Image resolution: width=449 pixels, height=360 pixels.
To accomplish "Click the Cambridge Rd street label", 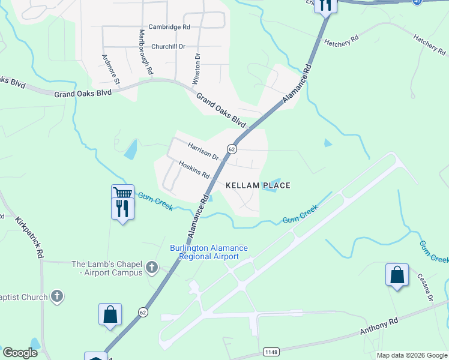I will pos(170,28).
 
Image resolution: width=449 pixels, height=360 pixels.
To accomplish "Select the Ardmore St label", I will pos(111,69).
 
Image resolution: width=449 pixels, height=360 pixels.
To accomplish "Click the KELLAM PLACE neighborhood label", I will pos(258,186).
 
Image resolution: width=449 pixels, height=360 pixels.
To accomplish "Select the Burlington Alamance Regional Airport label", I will pos(208,252).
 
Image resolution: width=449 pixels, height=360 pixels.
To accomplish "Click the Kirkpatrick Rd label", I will pos(30,237).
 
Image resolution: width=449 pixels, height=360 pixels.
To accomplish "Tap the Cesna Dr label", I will pos(429,289).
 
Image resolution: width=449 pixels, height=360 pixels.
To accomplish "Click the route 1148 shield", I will pos(272,350).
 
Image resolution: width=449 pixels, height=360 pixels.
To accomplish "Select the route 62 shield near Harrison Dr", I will pos(231,148).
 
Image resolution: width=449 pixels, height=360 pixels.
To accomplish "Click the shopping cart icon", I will pos(122,193).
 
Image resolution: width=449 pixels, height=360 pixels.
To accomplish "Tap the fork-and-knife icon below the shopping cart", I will pos(122,208).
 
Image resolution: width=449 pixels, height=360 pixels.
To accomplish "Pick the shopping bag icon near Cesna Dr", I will pos(397,275).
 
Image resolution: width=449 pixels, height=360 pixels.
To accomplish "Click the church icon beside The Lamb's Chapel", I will pos(152,267).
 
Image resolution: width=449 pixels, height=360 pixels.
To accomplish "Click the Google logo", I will pos(20,353).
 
